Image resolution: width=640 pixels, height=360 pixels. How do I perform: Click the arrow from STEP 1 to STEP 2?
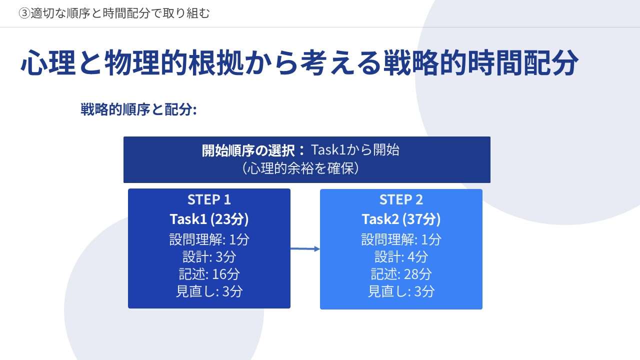(x=305, y=249)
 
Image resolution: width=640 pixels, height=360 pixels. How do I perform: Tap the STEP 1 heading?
(x=209, y=199)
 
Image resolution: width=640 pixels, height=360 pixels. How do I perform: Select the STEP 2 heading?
(x=401, y=199)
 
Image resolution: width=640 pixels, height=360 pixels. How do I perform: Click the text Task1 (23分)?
(x=209, y=219)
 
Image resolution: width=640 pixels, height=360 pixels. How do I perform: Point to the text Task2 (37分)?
(x=401, y=219)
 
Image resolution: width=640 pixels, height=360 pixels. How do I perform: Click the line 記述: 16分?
(x=209, y=274)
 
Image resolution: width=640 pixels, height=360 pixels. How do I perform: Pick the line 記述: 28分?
(x=401, y=274)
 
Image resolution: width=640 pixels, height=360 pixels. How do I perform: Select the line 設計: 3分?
(x=209, y=256)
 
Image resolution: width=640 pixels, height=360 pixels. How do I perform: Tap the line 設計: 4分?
(x=401, y=256)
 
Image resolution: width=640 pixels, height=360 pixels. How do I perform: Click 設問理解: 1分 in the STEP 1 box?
(x=209, y=239)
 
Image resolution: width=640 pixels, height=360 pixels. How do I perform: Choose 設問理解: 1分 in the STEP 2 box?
(x=401, y=239)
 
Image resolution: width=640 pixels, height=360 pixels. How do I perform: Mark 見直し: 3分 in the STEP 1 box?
(x=209, y=291)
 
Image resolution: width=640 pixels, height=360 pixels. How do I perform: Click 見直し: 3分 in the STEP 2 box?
(x=401, y=291)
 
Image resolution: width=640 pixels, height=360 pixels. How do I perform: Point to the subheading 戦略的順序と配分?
(x=138, y=109)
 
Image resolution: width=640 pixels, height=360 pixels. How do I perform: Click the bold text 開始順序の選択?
(x=248, y=150)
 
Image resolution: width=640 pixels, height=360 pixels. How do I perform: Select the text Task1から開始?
(x=355, y=149)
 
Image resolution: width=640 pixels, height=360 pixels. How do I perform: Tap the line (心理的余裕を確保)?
(x=300, y=168)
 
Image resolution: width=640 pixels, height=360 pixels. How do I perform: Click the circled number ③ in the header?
(x=24, y=13)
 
